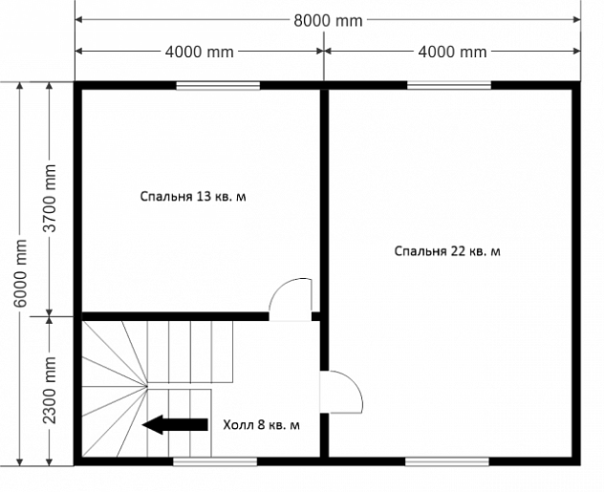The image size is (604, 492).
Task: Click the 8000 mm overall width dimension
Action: [x=328, y=20]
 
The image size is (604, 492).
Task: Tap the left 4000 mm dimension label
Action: [x=199, y=52]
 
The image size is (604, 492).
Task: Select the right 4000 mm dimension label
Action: [x=452, y=52]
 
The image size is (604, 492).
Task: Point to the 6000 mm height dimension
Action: [x=20, y=273]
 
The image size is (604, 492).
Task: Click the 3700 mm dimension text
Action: [x=50, y=199]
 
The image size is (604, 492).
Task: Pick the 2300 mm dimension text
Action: [x=50, y=390]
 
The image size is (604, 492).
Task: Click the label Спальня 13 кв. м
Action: [x=193, y=197]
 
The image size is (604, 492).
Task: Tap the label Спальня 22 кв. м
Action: [x=447, y=251]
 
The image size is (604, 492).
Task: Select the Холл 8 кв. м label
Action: [x=261, y=425]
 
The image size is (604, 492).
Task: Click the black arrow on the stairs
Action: [x=175, y=424]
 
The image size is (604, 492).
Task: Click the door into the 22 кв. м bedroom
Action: [x=341, y=393]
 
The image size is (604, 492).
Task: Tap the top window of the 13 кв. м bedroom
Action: [x=218, y=85]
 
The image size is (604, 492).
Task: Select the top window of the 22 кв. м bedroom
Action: [x=449, y=85]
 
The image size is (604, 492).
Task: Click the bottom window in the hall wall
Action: [x=215, y=461]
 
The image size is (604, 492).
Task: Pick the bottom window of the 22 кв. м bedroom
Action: [x=447, y=461]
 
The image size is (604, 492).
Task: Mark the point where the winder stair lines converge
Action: [x=147, y=386]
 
